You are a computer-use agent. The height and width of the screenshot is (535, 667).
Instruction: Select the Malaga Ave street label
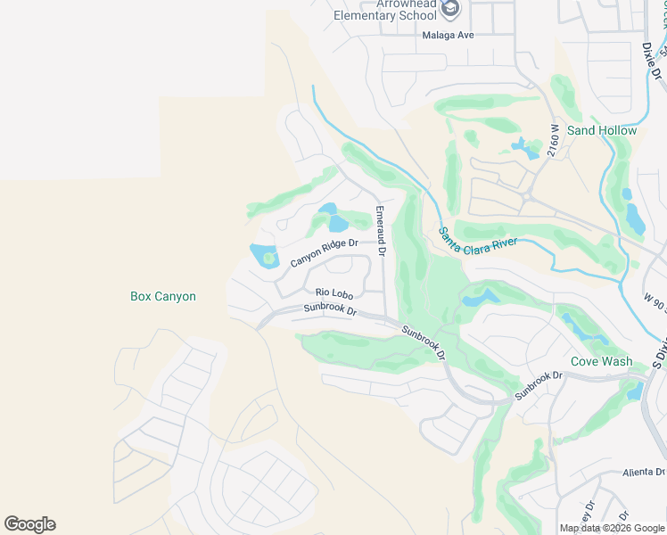click(449, 35)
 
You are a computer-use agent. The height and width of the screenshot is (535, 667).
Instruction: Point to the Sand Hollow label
click(602, 130)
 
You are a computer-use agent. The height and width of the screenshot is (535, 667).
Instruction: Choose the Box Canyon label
click(163, 297)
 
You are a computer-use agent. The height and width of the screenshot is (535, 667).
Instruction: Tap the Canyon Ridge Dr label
click(324, 252)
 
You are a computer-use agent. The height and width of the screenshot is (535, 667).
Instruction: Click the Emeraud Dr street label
click(380, 233)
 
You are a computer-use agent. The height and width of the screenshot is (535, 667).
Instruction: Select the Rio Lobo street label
click(334, 292)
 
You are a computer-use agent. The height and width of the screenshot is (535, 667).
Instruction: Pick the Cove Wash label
click(602, 362)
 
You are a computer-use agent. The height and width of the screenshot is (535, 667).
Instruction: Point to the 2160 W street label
click(555, 141)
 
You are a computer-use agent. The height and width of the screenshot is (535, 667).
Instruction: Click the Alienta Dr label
click(644, 473)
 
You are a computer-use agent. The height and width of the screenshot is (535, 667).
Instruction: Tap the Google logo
click(29, 524)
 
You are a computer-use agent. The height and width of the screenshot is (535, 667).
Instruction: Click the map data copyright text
click(612, 528)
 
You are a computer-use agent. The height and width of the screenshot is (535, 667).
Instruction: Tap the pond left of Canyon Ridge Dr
click(266, 256)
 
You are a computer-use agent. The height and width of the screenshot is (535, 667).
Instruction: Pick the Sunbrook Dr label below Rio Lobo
click(330, 310)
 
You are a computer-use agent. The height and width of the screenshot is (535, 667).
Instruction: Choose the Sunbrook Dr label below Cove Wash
click(539, 383)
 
